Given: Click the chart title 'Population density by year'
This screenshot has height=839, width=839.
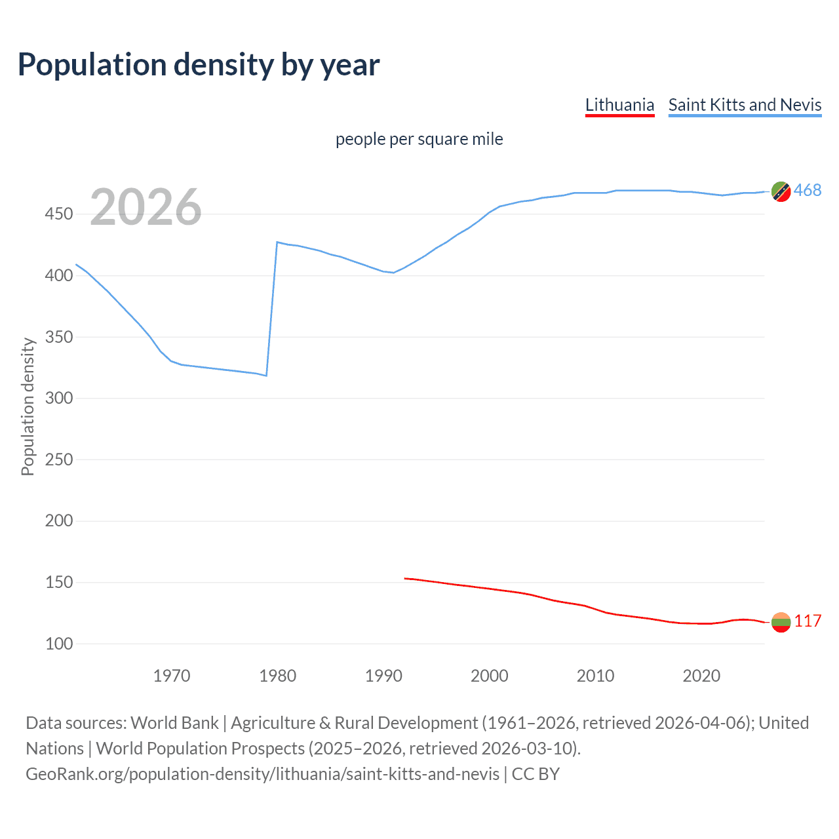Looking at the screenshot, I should pyautogui.click(x=199, y=65).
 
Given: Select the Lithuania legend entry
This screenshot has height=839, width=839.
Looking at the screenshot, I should pyautogui.click(x=619, y=105).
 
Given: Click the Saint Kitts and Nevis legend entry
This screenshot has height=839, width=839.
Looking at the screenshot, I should pyautogui.click(x=745, y=105).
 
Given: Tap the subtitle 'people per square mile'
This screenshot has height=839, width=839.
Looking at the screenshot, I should pyautogui.click(x=419, y=139).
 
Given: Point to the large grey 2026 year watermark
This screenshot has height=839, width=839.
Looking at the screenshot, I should pyautogui.click(x=146, y=207).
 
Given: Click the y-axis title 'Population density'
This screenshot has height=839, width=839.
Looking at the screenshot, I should pyautogui.click(x=28, y=406).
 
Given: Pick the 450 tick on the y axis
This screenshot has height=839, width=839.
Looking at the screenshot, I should pyautogui.click(x=59, y=214).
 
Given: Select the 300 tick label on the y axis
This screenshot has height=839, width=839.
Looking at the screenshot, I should pyautogui.click(x=59, y=399).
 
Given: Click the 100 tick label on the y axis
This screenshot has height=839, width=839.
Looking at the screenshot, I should pyautogui.click(x=59, y=644).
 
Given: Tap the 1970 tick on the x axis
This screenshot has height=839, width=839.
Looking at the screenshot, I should pyautogui.click(x=172, y=675).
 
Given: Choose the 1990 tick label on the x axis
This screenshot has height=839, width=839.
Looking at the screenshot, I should pyautogui.click(x=383, y=675).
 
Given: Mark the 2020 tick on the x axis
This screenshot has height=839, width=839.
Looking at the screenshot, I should pyautogui.click(x=701, y=675).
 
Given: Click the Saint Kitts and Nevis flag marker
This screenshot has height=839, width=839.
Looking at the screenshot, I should pyautogui.click(x=781, y=191).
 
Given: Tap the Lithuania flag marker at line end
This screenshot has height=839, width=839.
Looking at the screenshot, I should pyautogui.click(x=781, y=622).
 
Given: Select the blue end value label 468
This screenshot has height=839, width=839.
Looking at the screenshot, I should pyautogui.click(x=808, y=191).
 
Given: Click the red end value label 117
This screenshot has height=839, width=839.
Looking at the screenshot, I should pyautogui.click(x=808, y=621).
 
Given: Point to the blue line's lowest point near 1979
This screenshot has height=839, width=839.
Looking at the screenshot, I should pyautogui.click(x=266, y=376).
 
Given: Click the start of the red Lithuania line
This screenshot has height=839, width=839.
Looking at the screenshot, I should pyautogui.click(x=405, y=578).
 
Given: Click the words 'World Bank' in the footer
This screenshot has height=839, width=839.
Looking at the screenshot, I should pyautogui.click(x=174, y=723).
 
